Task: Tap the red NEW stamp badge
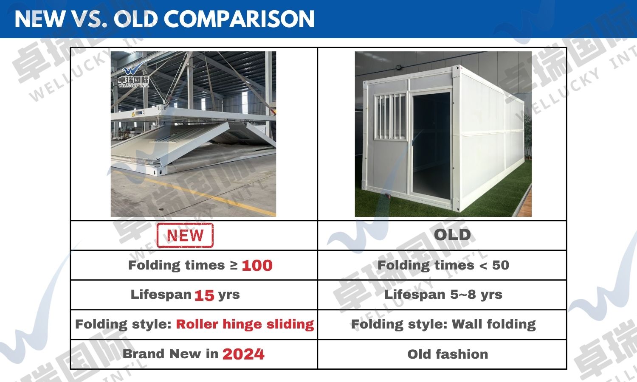pyautogui.click(x=185, y=235)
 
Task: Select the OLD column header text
pyautogui.click(x=452, y=235)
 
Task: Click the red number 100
pyautogui.click(x=257, y=265)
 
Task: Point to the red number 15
pyautogui.click(x=204, y=295)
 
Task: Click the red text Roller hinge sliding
pyautogui.click(x=245, y=324)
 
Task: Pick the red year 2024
pyautogui.click(x=243, y=354)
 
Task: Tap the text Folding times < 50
pyautogui.click(x=443, y=265)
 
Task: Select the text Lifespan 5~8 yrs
pyautogui.click(x=443, y=295)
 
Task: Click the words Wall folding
pyautogui.click(x=493, y=324)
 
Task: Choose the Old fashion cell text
pyautogui.click(x=448, y=354)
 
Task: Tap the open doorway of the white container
pyautogui.click(x=431, y=146)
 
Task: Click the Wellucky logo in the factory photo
pyautogui.click(x=133, y=76)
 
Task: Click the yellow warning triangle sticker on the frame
pyautogui.click(x=132, y=114)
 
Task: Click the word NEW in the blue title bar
pyautogui.click(x=39, y=19)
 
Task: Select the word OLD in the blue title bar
pyautogui.click(x=135, y=19)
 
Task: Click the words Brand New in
pyautogui.click(x=170, y=354)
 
